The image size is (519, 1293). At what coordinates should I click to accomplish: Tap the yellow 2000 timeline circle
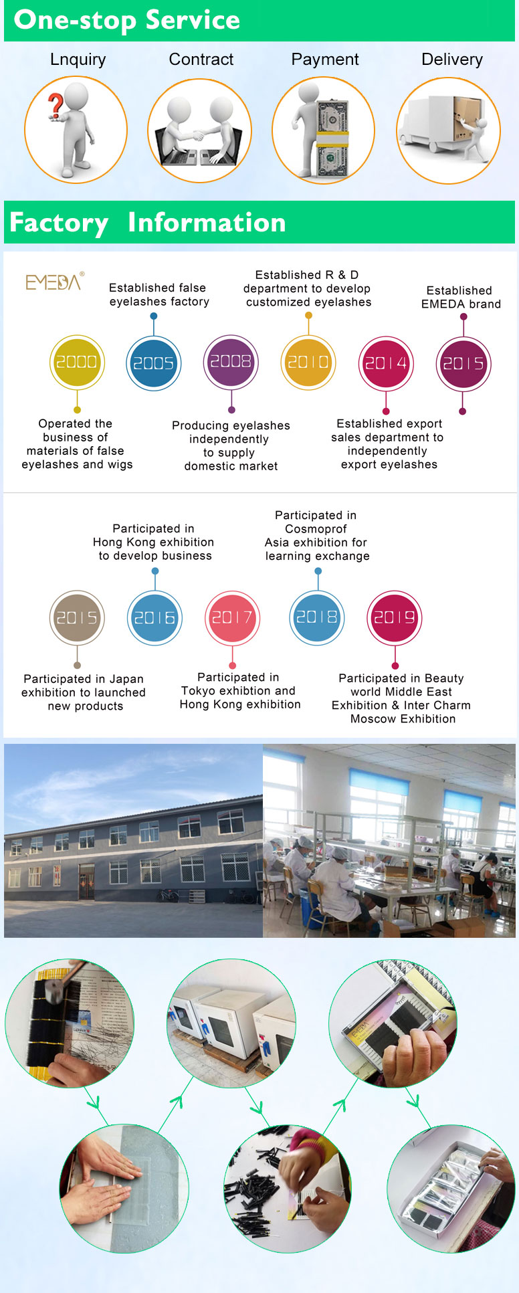coord(77,363)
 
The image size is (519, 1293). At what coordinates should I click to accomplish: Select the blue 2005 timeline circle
coord(153,363)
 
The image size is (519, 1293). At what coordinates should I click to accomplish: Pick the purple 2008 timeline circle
coord(231,362)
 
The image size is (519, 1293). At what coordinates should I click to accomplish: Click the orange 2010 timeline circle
coord(308,362)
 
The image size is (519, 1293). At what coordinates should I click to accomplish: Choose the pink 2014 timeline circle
coord(386,363)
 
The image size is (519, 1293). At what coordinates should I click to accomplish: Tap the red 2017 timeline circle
coord(232,618)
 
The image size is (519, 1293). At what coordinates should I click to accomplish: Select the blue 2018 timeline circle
coord(317,617)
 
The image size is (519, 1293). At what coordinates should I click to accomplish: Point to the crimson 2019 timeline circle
coord(395,618)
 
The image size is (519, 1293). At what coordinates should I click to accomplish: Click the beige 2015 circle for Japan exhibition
coord(77,618)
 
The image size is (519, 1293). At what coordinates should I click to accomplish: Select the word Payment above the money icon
coord(325,60)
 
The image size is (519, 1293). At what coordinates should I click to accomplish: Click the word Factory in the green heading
coord(59,223)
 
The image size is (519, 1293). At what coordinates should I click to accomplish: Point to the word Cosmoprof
coord(316,529)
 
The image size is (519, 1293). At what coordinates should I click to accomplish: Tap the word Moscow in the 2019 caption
coord(371,719)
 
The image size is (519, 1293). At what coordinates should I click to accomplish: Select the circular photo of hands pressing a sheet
coord(124,1188)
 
